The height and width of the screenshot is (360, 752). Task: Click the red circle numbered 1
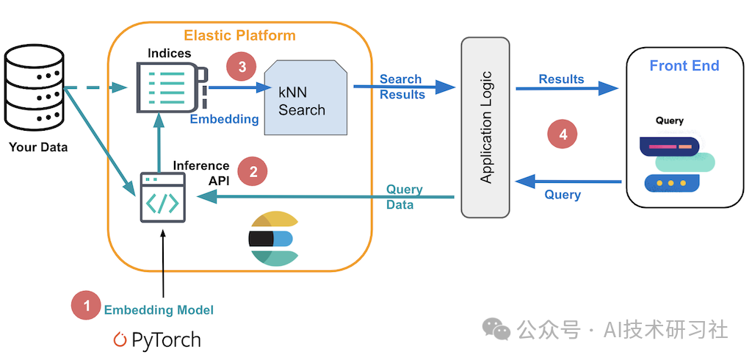pyautogui.click(x=87, y=306)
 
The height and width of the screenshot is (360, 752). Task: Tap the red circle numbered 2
pyautogui.click(x=253, y=172)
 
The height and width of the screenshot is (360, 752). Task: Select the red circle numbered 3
pyautogui.click(x=242, y=67)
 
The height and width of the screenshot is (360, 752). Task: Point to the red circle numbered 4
pyautogui.click(x=563, y=134)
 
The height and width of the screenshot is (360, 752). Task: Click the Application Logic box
pyautogui.click(x=485, y=127)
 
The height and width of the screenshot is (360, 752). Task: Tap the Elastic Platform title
pyautogui.click(x=239, y=35)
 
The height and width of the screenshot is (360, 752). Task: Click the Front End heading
pyautogui.click(x=684, y=66)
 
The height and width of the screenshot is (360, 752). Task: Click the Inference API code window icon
pyautogui.click(x=162, y=198)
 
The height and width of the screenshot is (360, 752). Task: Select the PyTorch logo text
pyautogui.click(x=157, y=339)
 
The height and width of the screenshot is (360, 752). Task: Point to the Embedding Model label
pyautogui.click(x=159, y=310)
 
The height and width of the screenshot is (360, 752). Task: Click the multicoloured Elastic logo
pyautogui.click(x=271, y=238)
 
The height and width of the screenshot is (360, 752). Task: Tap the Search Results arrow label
pyautogui.click(x=401, y=87)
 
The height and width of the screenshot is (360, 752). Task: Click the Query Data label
pyautogui.click(x=403, y=197)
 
